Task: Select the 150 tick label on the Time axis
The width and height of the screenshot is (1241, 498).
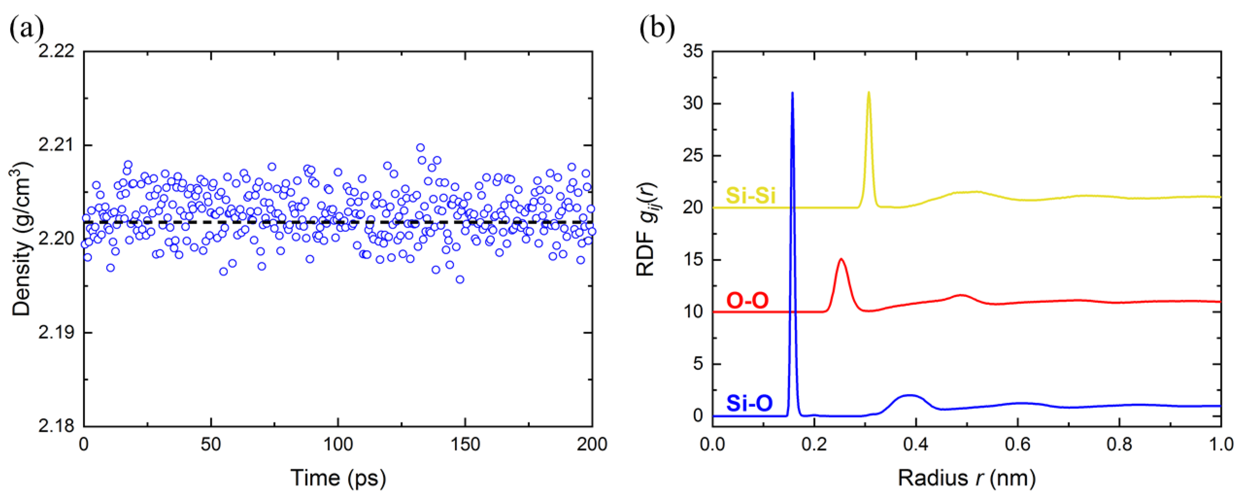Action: click(x=466, y=444)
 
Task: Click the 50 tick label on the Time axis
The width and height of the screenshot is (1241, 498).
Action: click(x=211, y=444)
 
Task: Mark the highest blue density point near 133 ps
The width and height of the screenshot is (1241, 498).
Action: click(x=420, y=147)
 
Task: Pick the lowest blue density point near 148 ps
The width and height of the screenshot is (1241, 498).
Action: click(x=459, y=279)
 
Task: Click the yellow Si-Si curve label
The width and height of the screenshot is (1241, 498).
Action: click(x=751, y=196)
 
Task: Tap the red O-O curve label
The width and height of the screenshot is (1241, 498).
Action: click(x=747, y=301)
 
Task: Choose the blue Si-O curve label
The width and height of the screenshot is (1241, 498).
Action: click(x=749, y=404)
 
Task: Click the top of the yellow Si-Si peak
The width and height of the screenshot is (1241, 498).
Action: click(x=869, y=92)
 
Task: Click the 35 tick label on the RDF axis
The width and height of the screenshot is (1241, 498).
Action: click(x=692, y=52)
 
